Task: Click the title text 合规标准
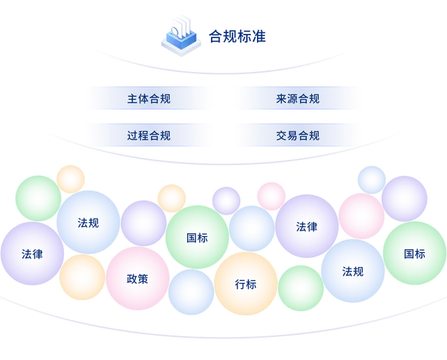point(237,35)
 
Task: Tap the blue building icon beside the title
point(179,35)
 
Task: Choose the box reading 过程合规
point(148,135)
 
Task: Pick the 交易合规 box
point(297,135)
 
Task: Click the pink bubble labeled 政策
point(137,278)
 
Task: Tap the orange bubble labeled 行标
point(245,284)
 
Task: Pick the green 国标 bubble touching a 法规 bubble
point(414,253)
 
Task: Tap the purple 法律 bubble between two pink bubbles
point(307,226)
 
